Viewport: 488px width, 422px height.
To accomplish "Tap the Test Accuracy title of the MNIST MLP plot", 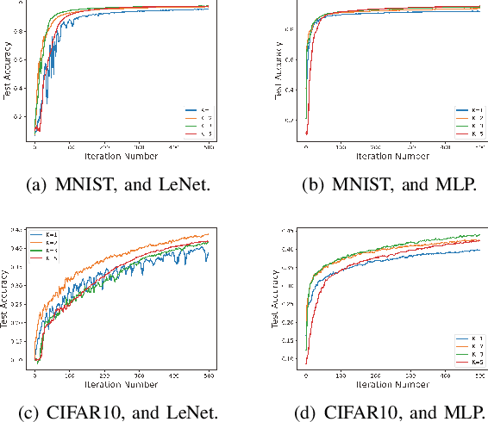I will [x=278, y=71].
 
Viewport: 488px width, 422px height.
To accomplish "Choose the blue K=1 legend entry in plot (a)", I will [x=199, y=111].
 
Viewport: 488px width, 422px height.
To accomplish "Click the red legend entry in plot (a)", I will [x=199, y=134].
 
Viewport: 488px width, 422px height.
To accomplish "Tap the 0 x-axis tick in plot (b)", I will [x=306, y=150].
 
